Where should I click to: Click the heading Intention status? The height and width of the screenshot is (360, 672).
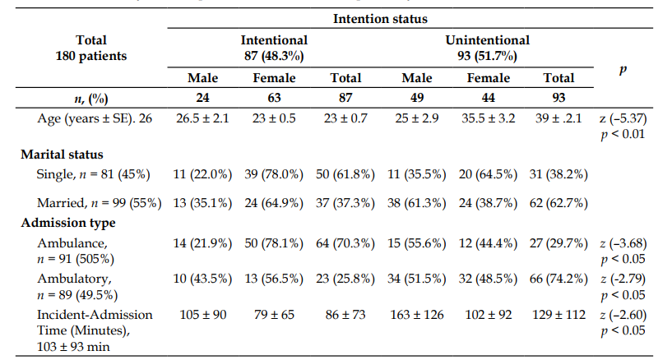point(380,19)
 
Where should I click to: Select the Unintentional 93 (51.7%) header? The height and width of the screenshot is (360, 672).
point(487,48)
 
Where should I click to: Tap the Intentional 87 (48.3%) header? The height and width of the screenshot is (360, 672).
point(274,48)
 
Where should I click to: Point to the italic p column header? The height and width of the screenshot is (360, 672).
point(623,69)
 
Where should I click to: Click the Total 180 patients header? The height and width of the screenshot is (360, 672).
point(90,48)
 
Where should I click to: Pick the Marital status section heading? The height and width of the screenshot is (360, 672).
point(63,154)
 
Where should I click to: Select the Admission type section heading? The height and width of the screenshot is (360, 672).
point(68,223)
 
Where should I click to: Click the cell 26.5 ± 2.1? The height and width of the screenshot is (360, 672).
point(202,118)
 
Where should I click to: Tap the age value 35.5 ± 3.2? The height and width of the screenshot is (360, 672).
point(488,118)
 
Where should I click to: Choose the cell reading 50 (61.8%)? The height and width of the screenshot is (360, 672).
point(345,174)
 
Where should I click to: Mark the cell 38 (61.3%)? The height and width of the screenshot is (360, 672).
point(416,202)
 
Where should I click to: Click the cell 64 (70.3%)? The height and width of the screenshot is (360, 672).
point(345,243)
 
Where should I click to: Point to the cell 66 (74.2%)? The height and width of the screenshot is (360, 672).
point(558,279)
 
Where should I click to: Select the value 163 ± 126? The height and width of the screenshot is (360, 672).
point(416,315)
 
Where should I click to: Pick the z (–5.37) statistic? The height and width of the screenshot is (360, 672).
point(623,118)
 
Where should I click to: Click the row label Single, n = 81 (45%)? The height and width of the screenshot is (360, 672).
point(94,174)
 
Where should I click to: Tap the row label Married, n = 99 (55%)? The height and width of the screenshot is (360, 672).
point(100,202)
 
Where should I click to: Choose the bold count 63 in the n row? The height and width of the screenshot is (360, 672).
point(274,98)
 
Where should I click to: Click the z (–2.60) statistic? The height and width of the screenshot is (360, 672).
point(623,315)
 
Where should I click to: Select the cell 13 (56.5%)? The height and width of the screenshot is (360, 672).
point(274,279)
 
